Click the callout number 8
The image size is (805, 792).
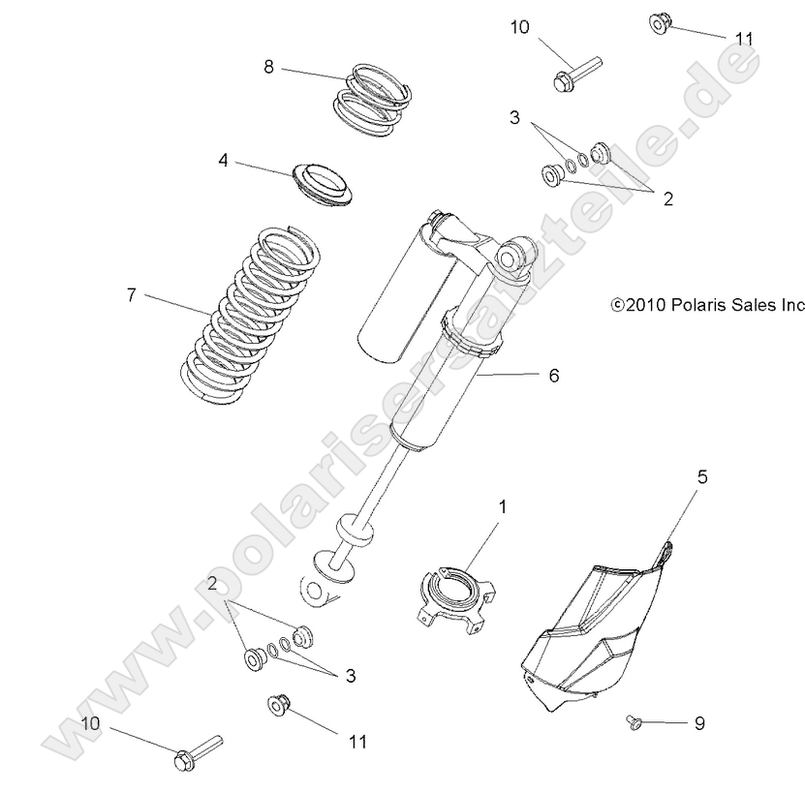(x=268, y=66)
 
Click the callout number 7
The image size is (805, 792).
(x=130, y=294)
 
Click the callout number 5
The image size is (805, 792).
(x=702, y=475)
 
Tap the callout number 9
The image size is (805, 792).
(x=699, y=723)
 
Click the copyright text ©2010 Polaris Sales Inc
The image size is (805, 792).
(x=708, y=304)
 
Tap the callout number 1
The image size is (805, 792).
(x=502, y=506)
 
